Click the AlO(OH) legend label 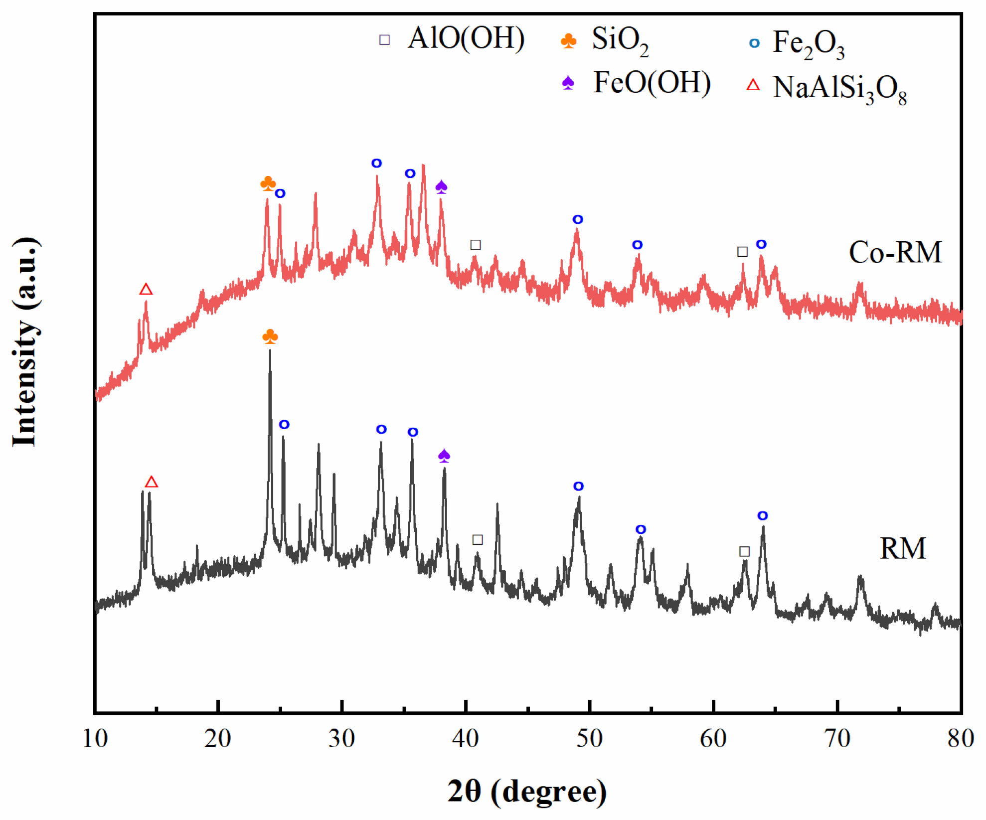466,38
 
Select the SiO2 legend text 620,40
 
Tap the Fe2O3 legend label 808,44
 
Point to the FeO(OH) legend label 652,83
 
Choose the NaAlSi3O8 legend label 839,89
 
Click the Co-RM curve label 895,252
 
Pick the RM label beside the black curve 902,548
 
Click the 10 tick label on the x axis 95,738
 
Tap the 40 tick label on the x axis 466,738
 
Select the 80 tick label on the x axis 960,738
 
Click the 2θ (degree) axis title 527,791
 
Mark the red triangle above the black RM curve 152,482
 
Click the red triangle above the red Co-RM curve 146,289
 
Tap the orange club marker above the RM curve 270,336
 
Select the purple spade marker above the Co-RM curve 441,187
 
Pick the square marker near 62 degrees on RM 744,551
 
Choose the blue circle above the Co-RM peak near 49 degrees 578,219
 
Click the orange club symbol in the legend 568,40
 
